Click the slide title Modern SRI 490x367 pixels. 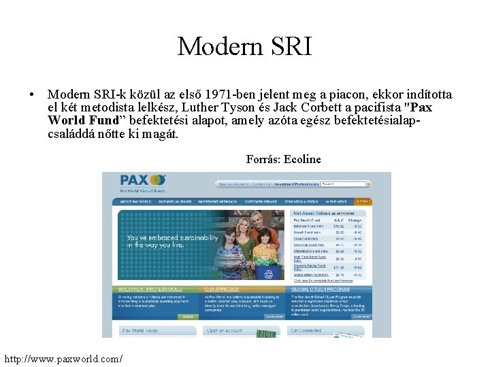tap(244, 46)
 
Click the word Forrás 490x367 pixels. tap(261, 160)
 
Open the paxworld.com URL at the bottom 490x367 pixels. tap(63, 357)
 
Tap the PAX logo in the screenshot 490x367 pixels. tap(142, 180)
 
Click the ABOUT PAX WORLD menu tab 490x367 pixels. tap(135, 202)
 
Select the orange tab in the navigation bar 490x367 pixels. tap(363, 202)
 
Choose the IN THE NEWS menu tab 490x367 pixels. tap(336, 202)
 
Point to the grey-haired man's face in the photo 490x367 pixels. tap(255, 220)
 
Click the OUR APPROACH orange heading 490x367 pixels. tap(221, 289)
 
